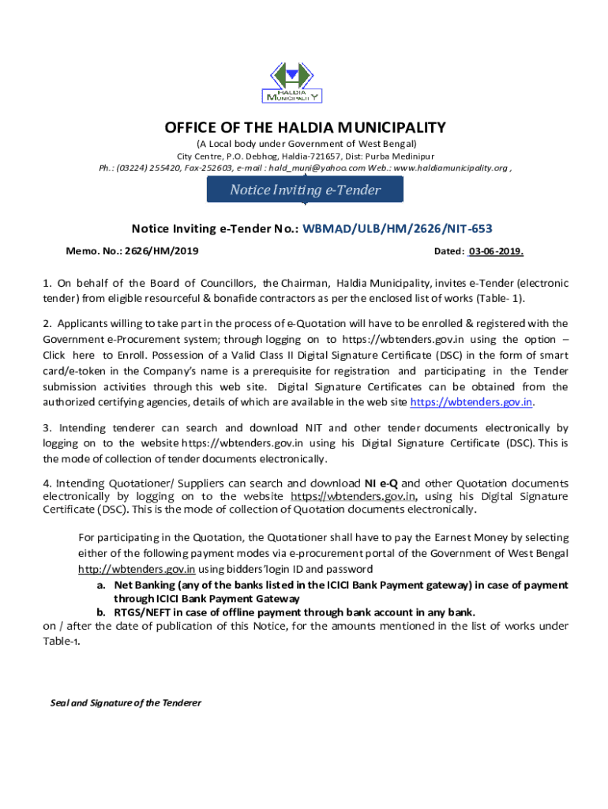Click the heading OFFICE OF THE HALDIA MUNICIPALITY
point(305,128)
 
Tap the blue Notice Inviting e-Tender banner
point(305,190)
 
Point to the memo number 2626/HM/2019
point(165,250)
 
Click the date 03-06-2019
point(495,251)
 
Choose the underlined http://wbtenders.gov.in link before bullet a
point(137,569)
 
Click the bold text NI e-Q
point(381,483)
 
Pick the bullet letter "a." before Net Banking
point(101,585)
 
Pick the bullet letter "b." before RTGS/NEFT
point(101,612)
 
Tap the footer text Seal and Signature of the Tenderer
point(126,702)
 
